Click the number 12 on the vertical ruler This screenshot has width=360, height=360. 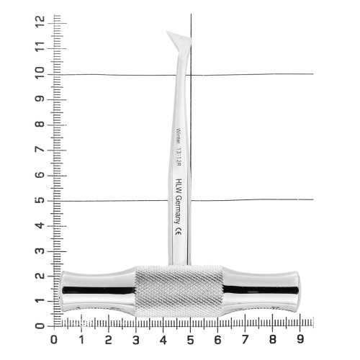[x=40, y=22]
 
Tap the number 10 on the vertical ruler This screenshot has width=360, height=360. [x=40, y=73]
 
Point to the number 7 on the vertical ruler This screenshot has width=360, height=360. [x=40, y=149]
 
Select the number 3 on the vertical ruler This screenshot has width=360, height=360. [x=40, y=251]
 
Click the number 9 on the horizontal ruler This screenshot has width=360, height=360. [x=300, y=340]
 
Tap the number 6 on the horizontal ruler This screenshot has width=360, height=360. [x=217, y=340]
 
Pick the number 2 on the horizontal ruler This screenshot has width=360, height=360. [x=109, y=340]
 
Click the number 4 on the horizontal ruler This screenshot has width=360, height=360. [x=163, y=340]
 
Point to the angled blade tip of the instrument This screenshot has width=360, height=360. [x=166, y=31]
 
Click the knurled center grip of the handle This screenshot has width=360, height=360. [x=179, y=291]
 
